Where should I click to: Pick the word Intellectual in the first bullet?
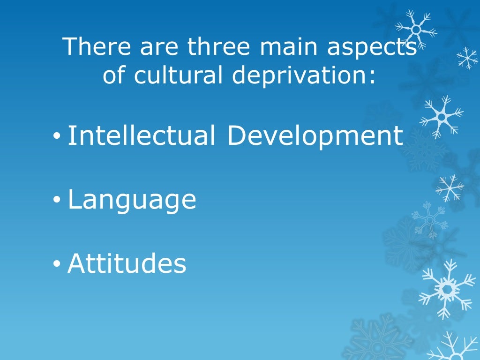[x=142, y=135]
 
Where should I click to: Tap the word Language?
[x=132, y=201]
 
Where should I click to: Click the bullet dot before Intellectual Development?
[x=57, y=137]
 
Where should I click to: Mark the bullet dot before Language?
[x=57, y=201]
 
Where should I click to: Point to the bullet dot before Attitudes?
[x=57, y=265]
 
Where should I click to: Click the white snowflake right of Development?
[x=441, y=116]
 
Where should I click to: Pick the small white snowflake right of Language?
[x=449, y=188]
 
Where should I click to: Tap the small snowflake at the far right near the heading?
[x=467, y=58]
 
